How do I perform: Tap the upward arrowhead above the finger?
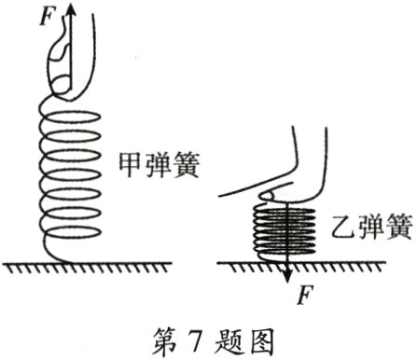[x=71, y=9]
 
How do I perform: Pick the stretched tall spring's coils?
[x=69, y=177]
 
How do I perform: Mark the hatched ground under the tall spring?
[x=84, y=270]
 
